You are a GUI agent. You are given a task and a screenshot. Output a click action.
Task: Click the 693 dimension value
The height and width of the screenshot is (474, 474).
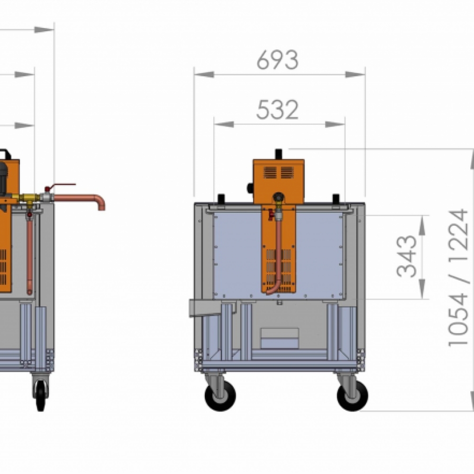(277, 60)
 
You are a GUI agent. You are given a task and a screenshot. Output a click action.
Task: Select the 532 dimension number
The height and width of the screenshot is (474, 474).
(277, 110)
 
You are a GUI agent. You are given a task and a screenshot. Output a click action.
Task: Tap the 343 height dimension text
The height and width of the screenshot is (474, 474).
(407, 256)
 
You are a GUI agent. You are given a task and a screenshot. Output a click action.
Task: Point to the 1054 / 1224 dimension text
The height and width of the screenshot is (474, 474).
(458, 278)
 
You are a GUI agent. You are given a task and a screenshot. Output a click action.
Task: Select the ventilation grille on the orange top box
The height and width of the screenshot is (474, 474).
(278, 173)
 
